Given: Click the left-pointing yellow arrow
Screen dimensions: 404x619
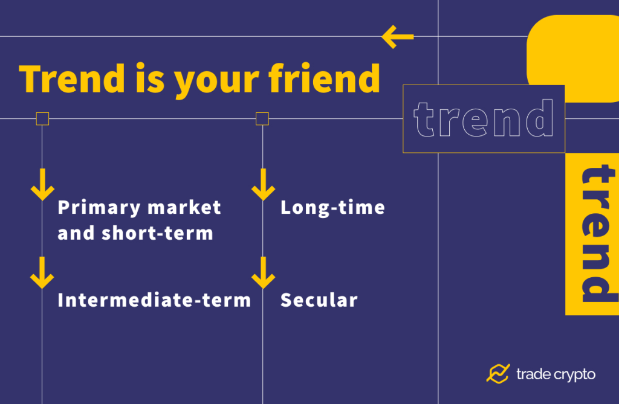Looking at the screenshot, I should click(397, 37).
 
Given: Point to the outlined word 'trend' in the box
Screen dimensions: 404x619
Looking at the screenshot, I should click(484, 119).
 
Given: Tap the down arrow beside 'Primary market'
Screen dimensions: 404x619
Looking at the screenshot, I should click(42, 185).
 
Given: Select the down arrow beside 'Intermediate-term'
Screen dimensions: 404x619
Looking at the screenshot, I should click(42, 272).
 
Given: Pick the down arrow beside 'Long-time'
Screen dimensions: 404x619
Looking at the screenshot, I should click(263, 185).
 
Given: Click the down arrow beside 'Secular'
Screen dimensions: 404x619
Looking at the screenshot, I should click(263, 272).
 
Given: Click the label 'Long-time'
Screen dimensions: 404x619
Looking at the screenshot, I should click(332, 208).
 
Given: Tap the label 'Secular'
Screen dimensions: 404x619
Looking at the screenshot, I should click(319, 300).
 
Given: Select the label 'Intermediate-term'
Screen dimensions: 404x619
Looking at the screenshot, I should click(154, 300).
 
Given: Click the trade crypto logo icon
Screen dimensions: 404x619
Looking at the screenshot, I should click(498, 374).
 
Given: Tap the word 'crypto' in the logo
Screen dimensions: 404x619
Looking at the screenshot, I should click(572, 375).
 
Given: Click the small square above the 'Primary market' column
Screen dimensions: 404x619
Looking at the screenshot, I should click(42, 118).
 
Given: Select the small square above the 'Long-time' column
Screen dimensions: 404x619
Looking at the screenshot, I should click(262, 118).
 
